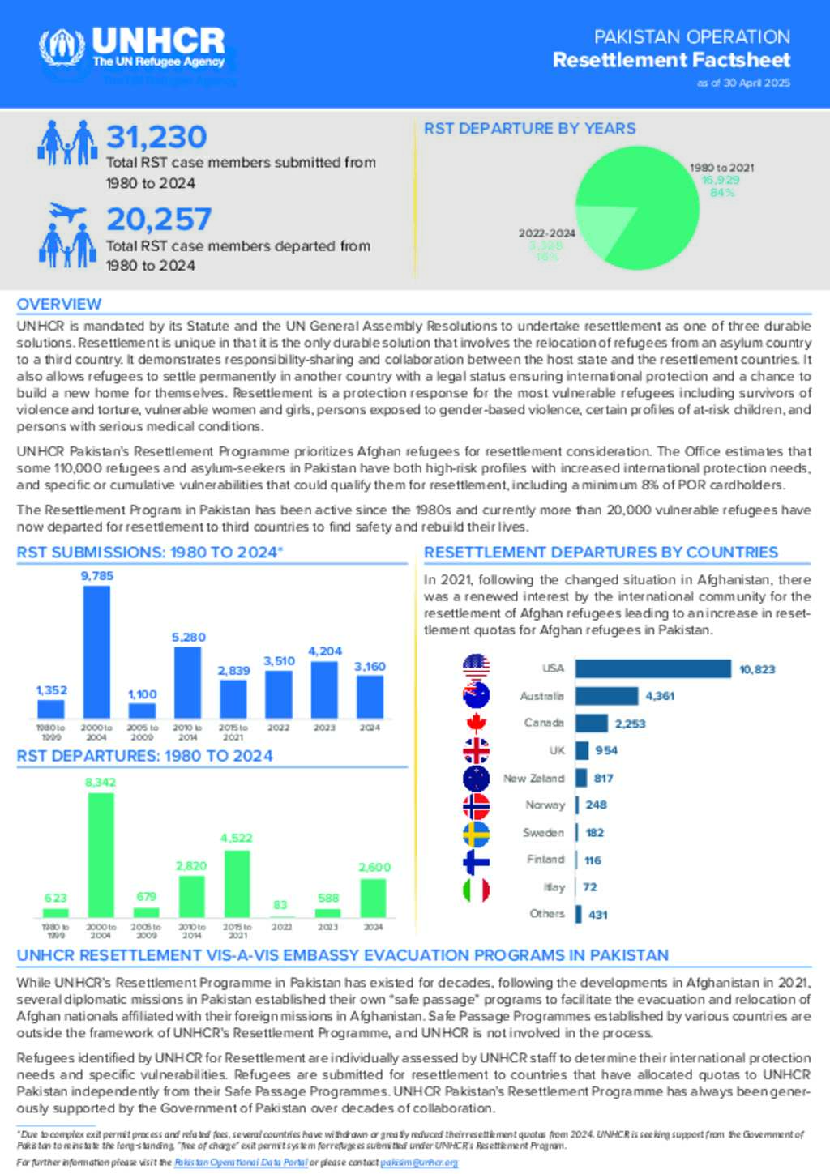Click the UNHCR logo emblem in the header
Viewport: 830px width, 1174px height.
[x=62, y=48]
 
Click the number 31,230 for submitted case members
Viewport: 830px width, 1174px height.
[x=156, y=137]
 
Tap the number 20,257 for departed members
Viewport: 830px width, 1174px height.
[x=159, y=220]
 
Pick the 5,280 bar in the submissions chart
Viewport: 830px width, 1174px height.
[x=187, y=682]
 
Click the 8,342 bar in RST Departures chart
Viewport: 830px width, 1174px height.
[x=101, y=855]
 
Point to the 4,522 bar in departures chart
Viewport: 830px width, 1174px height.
[x=237, y=884]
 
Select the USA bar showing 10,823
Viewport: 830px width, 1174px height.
[x=653, y=668]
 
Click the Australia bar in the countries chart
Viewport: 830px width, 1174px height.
[x=607, y=696]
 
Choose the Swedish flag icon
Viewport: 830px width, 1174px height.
[x=476, y=834]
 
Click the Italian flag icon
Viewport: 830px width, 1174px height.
[x=476, y=890]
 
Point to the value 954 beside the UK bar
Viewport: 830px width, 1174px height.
[x=606, y=751]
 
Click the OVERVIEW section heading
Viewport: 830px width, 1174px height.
[x=59, y=305]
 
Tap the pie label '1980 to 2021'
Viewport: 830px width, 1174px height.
[x=721, y=168]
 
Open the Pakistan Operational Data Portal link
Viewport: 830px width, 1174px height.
[x=241, y=1163]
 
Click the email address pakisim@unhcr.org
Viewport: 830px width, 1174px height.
[x=419, y=1163]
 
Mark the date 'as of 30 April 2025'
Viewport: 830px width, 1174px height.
[x=743, y=83]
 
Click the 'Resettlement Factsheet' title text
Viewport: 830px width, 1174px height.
[x=671, y=60]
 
